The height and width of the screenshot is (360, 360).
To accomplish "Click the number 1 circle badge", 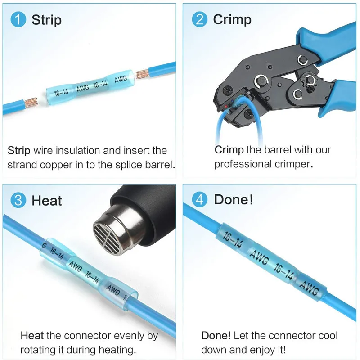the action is point(18,19).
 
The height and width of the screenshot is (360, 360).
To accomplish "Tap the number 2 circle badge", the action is point(199,19).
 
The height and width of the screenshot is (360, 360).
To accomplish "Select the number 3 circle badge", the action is point(18,200).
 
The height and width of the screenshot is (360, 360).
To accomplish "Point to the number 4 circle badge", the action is point(199,199).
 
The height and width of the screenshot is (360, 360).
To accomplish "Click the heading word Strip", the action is point(47,20).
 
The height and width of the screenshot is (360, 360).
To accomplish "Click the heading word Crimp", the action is point(232,20).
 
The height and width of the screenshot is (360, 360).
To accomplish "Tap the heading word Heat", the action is point(47,200).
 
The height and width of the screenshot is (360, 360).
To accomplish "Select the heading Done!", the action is point(234,199).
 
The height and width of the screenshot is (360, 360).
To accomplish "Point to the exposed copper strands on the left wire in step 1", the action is point(31,103).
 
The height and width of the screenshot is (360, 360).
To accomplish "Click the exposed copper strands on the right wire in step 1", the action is point(142,73).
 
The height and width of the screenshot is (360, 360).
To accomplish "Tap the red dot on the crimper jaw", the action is point(226,107).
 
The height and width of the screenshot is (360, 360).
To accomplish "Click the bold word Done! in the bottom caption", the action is point(216,336).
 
